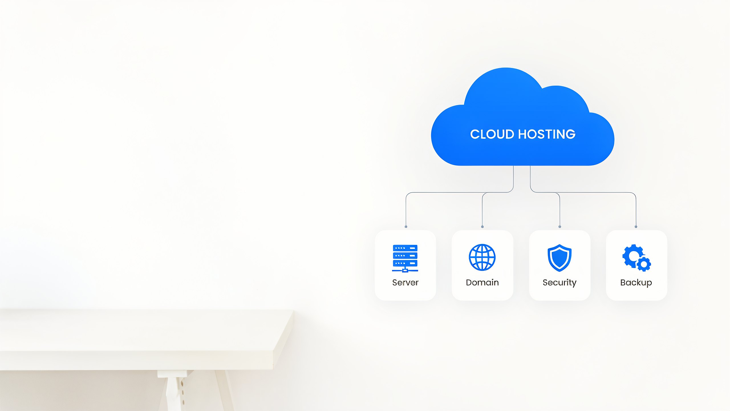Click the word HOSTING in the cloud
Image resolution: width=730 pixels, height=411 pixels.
[547, 134]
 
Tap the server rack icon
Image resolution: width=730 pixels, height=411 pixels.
[405, 258]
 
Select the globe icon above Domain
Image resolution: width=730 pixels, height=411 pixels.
[482, 257]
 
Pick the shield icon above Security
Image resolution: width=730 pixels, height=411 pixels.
[559, 257]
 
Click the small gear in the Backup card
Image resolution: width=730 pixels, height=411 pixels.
[644, 264]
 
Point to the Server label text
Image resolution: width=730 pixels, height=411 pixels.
[405, 283]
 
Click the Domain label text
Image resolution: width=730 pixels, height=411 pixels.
[482, 283]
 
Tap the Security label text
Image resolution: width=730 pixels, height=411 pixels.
[559, 283]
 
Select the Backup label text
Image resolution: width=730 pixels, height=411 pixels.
[636, 283]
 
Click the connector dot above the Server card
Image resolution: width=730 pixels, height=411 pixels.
[406, 227]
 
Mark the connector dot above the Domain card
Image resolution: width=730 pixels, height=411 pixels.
[482, 227]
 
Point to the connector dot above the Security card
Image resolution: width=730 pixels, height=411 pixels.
[560, 227]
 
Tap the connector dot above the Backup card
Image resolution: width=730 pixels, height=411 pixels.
[636, 227]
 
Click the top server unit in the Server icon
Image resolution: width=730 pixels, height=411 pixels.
[405, 248]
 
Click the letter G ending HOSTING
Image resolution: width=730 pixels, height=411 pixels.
[570, 134]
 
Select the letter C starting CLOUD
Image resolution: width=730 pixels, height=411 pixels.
[475, 134]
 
